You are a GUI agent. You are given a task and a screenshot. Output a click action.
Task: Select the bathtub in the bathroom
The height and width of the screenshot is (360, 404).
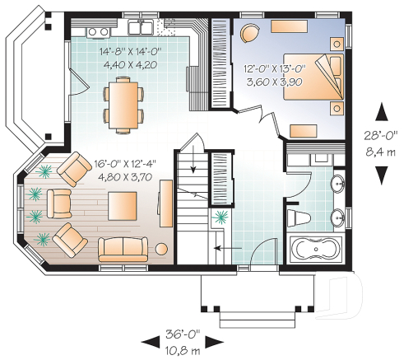coord(316,249)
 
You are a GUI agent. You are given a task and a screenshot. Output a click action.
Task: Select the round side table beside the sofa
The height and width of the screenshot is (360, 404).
coord(163,249)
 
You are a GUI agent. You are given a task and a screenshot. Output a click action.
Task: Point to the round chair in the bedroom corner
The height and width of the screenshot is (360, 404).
coord(251,31)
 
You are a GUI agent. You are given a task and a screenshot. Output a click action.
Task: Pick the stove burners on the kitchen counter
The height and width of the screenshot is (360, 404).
coord(96,31)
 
